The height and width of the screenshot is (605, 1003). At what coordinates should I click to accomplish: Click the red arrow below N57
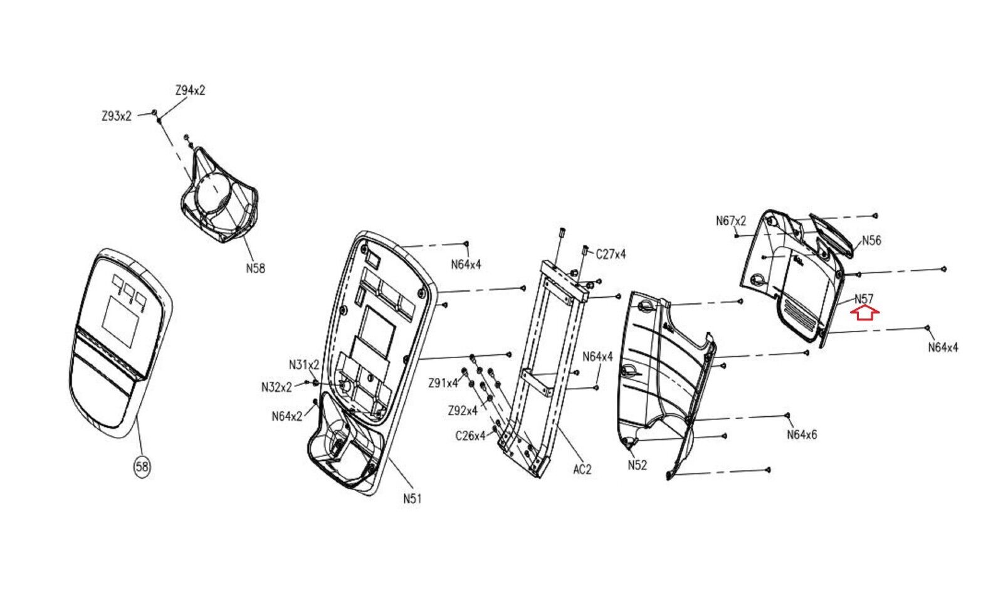(x=864, y=313)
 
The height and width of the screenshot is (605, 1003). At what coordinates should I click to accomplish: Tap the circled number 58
(x=142, y=467)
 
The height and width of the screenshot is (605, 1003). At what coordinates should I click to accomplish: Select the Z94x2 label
(x=191, y=90)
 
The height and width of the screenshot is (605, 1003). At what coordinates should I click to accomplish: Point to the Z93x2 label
(x=117, y=117)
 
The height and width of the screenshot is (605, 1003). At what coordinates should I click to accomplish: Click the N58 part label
(x=255, y=268)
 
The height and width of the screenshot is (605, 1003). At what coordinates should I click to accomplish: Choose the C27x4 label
(x=611, y=255)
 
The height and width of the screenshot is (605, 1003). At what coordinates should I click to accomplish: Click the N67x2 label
(x=731, y=221)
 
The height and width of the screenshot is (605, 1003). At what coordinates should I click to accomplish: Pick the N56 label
(x=871, y=241)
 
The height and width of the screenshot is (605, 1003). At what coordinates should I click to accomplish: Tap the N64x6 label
(x=802, y=434)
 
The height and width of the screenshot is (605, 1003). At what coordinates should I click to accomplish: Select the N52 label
(x=637, y=465)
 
